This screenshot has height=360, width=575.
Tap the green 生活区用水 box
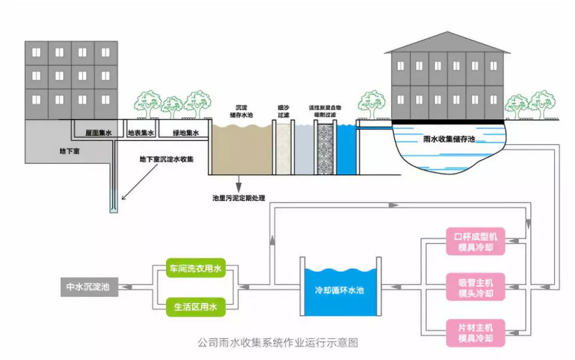(x=195, y=307)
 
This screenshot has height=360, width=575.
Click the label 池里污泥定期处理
(x=239, y=198)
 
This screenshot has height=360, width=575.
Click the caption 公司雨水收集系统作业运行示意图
(x=277, y=342)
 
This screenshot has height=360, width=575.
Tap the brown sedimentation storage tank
(x=242, y=152)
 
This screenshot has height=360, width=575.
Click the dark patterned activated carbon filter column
(x=325, y=149)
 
